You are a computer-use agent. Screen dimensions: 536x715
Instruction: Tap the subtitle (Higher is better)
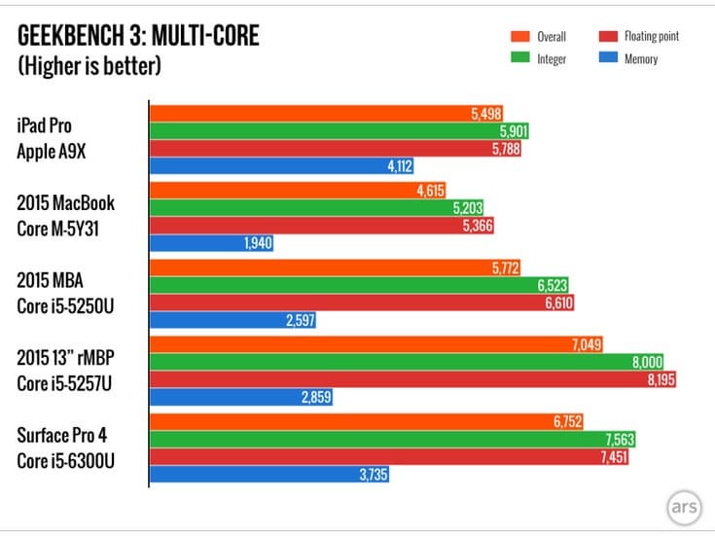pos(89,67)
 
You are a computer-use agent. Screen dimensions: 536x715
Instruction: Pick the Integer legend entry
pos(541,59)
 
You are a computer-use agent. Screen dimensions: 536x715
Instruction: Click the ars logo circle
pos(685,507)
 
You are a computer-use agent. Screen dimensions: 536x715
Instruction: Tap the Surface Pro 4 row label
pos(62,435)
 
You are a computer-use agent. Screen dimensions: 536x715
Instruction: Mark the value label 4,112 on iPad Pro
pos(400,165)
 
